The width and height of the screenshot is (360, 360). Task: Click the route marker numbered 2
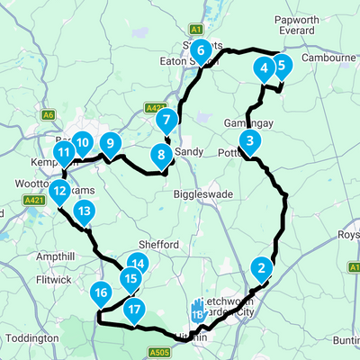pyautogui.click(x=261, y=267)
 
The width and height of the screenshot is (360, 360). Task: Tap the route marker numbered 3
pyautogui.click(x=250, y=140)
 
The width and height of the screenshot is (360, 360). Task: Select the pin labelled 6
pyautogui.click(x=202, y=49)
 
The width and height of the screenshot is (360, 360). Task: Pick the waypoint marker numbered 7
pyautogui.click(x=164, y=120)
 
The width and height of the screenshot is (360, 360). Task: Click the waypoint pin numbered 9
pyautogui.click(x=110, y=142)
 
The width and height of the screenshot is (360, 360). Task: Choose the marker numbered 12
pyautogui.click(x=59, y=191)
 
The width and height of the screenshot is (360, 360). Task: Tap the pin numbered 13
pyautogui.click(x=84, y=212)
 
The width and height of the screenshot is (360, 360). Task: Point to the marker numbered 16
pyautogui.click(x=101, y=292)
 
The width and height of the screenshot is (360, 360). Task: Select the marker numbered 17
pyautogui.click(x=134, y=311)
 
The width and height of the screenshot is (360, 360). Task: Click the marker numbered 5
pyautogui.click(x=281, y=65)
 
